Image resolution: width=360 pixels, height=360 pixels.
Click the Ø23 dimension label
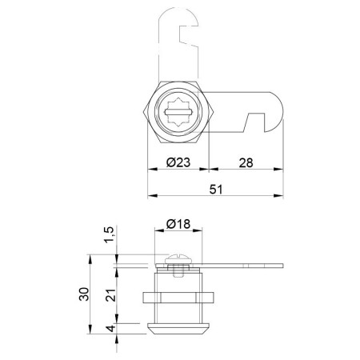[178, 162]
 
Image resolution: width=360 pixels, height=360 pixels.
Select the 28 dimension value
[246, 162]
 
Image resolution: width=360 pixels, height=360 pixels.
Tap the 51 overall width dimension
[216, 189]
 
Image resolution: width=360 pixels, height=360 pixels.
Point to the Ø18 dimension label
[178, 224]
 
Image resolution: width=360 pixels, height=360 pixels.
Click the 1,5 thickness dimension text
[110, 234]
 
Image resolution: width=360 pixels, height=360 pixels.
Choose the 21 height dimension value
[110, 295]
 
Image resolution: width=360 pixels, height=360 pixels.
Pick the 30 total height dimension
[84, 294]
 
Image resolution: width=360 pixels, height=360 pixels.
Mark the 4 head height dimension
[111, 328]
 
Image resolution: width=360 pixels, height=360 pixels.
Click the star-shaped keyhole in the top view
[178, 112]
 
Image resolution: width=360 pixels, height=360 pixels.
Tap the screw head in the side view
[178, 258]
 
